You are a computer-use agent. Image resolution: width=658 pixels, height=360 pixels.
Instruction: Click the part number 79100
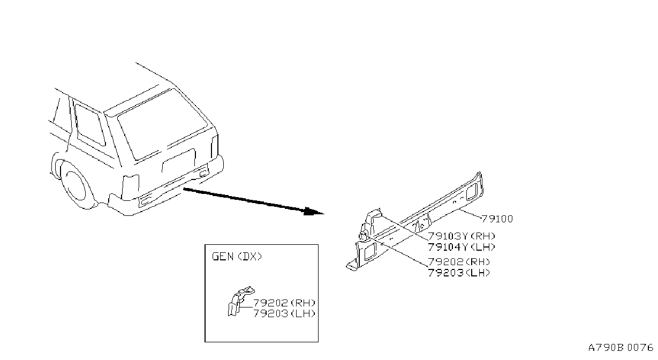tap(497, 219)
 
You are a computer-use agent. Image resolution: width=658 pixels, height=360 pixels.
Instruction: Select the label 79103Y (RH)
tap(462, 236)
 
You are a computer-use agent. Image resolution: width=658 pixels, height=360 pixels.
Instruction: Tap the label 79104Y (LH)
tap(462, 247)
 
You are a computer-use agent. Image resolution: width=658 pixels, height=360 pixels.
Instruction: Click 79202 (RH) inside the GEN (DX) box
tap(284, 303)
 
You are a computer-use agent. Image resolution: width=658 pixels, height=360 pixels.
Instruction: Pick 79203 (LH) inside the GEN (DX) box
tap(284, 313)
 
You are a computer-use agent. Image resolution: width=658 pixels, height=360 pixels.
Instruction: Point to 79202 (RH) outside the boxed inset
tap(459, 262)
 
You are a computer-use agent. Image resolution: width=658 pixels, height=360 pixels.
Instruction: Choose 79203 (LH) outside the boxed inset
tap(459, 273)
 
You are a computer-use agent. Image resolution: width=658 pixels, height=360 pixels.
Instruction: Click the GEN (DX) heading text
tap(237, 257)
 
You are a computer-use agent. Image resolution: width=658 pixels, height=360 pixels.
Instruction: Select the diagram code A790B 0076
tap(621, 348)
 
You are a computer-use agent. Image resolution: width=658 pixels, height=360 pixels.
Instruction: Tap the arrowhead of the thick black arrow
tap(314, 212)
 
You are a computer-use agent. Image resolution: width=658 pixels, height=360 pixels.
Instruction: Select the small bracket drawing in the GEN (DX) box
tap(240, 301)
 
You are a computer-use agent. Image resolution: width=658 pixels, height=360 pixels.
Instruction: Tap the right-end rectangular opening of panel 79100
tap(472, 191)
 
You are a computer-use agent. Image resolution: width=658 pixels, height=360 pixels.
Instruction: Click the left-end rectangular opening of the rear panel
tap(370, 251)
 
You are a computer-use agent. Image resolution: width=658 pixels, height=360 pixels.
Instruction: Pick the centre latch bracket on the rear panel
tap(421, 224)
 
